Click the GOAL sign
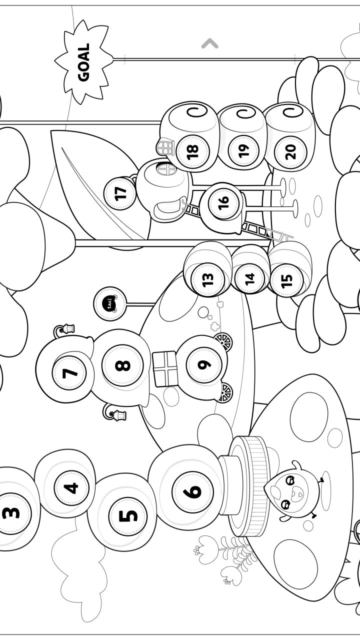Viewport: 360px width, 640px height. tap(83, 62)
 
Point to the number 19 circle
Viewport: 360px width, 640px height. tap(243, 149)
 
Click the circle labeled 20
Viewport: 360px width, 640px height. tap(291, 149)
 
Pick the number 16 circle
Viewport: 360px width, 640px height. tap(223, 202)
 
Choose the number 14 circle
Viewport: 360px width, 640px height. tap(249, 278)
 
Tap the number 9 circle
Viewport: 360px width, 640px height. tap(203, 364)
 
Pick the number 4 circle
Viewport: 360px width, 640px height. tap(72, 487)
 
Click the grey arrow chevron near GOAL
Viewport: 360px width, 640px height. tap(210, 44)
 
